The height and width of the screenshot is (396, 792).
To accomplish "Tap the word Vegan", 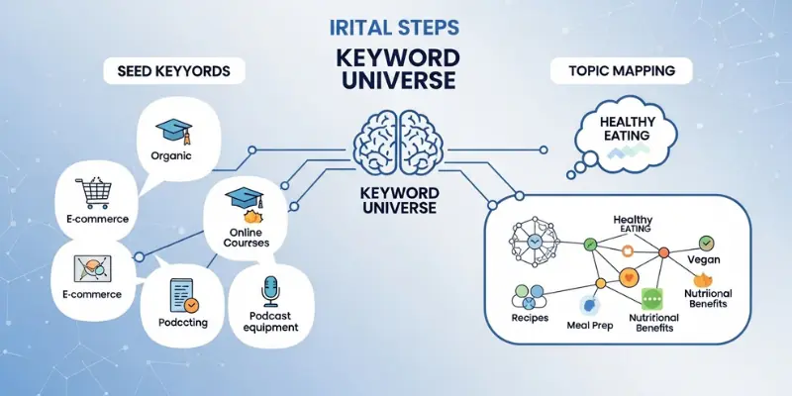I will pos(704,260).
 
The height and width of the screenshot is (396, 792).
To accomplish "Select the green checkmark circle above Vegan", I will pos(706,242).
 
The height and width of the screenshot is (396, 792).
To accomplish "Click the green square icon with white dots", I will pos(651,298).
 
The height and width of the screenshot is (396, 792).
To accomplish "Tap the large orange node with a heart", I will pos(626,277).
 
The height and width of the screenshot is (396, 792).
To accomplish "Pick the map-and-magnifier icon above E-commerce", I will pos(92,267).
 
